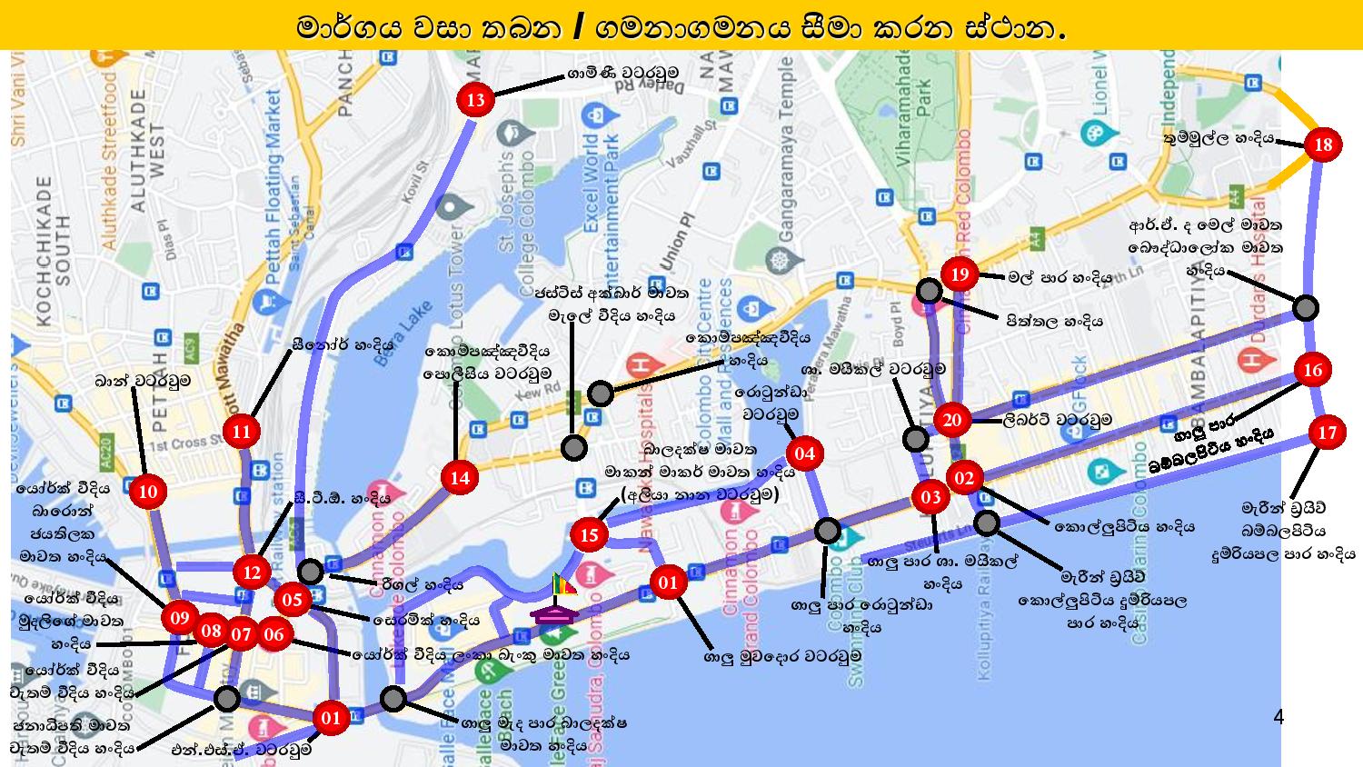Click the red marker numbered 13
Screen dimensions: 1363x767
click(x=476, y=100)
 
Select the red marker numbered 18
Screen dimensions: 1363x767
click(x=1323, y=144)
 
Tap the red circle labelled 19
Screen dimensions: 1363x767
click(x=960, y=274)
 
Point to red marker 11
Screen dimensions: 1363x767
click(x=241, y=431)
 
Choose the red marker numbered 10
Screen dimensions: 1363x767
click(x=148, y=493)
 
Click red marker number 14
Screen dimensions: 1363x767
click(x=460, y=478)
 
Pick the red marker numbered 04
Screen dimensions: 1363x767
click(x=804, y=453)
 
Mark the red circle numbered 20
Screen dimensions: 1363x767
click(x=952, y=420)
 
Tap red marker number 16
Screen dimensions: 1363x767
click(x=1312, y=370)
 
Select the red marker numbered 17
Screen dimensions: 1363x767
click(x=1328, y=433)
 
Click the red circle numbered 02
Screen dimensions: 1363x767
click(x=964, y=478)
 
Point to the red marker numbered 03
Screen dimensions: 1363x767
click(x=930, y=497)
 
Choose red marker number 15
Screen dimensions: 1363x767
click(x=590, y=534)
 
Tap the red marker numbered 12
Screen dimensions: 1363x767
click(x=252, y=573)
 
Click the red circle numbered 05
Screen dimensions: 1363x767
click(x=292, y=600)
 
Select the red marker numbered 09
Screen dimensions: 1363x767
click(x=180, y=619)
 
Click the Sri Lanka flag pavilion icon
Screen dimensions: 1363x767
click(x=557, y=601)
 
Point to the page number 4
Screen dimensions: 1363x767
click(x=1278, y=718)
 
